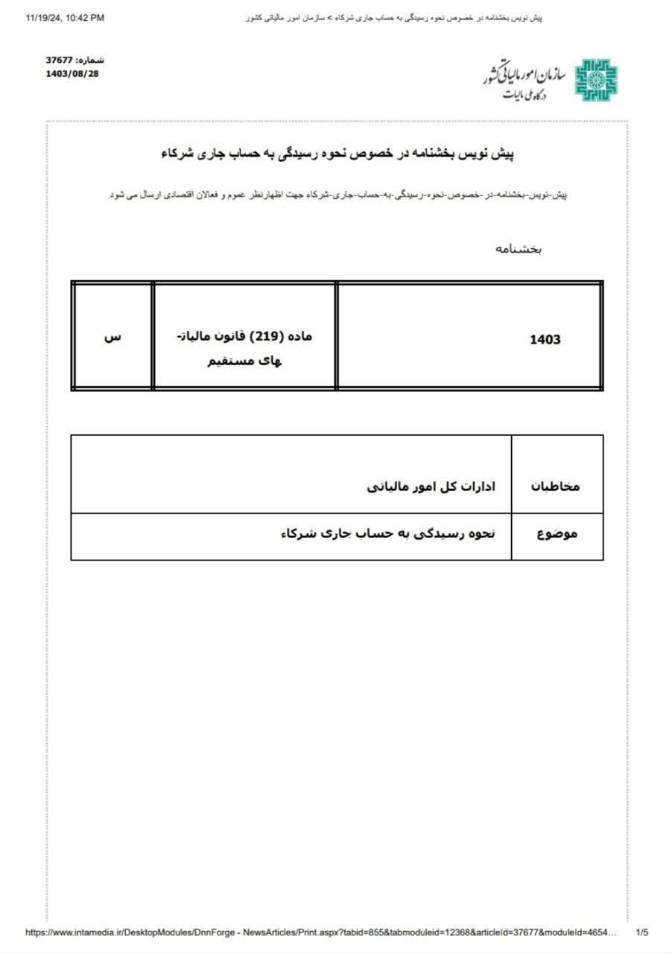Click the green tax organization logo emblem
click(595, 78)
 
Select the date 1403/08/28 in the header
click(72, 73)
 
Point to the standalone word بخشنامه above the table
click(519, 249)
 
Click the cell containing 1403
click(545, 340)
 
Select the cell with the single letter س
click(112, 337)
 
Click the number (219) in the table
click(267, 336)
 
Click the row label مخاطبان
click(554, 486)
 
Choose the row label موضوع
click(557, 534)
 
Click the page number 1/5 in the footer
click(642, 932)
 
